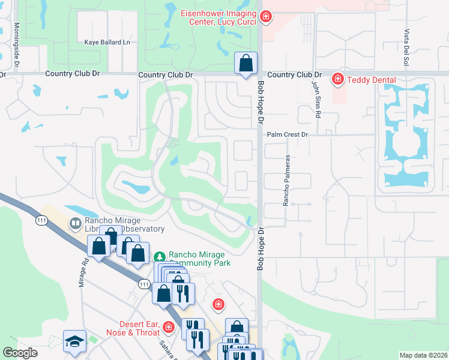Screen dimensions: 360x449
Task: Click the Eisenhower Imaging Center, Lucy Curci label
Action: [219, 17]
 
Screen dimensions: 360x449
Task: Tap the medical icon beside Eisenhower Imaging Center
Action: [265, 18]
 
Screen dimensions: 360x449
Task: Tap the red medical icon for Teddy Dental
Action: [338, 79]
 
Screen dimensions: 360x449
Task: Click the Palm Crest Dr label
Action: [287, 135]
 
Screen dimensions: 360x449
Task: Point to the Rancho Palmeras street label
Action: [287, 181]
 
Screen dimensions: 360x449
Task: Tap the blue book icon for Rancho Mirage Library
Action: [76, 224]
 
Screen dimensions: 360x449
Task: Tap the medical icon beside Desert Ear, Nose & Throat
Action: [169, 327]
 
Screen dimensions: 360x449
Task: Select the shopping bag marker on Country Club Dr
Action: [246, 63]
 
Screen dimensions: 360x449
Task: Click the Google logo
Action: [20, 353]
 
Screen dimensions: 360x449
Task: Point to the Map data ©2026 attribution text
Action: [423, 355]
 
